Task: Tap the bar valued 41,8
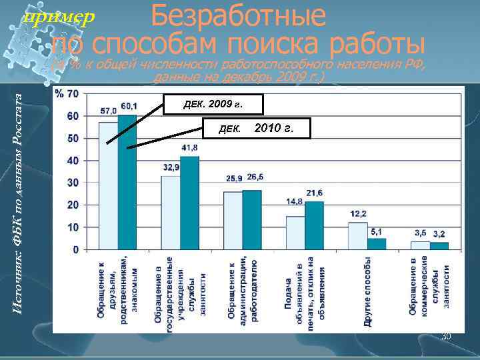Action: click(x=190, y=203)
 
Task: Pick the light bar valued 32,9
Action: click(x=171, y=212)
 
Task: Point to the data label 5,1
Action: click(x=377, y=231)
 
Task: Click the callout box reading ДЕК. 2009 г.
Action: click(x=213, y=105)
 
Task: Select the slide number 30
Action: click(x=446, y=336)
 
